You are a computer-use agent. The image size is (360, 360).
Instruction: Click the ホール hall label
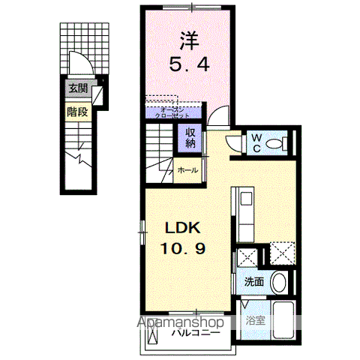click(188, 171)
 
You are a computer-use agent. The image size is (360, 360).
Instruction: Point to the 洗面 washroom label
click(253, 283)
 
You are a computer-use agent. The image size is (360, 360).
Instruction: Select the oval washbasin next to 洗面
click(278, 283)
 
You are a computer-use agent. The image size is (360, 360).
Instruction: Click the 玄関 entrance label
click(77, 88)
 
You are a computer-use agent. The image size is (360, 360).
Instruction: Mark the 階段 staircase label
click(76, 112)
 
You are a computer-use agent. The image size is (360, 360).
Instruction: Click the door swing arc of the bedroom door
click(217, 113)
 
